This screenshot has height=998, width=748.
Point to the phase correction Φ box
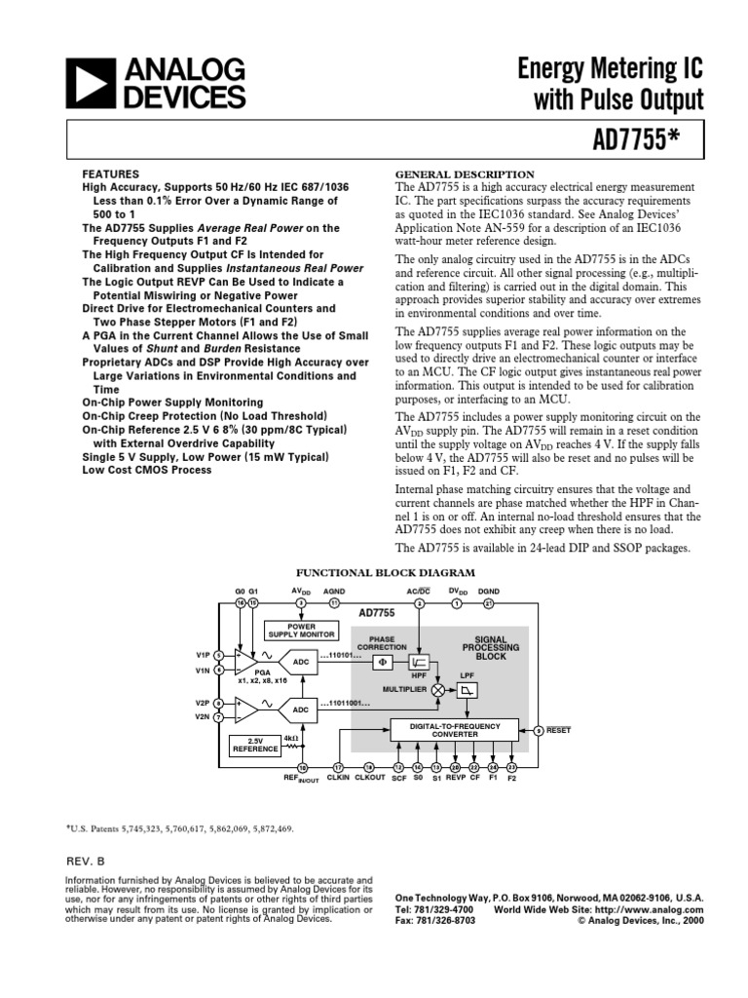(383, 663)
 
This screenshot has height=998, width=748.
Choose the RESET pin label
(559, 730)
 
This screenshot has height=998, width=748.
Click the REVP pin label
(456, 778)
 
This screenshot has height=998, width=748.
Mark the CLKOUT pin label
(370, 778)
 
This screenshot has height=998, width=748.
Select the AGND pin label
(334, 592)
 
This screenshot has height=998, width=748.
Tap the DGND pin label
(489, 592)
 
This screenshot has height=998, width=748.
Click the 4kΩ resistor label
(290, 738)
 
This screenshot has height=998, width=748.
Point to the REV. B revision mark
(84, 862)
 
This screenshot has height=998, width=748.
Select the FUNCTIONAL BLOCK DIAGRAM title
(386, 573)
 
